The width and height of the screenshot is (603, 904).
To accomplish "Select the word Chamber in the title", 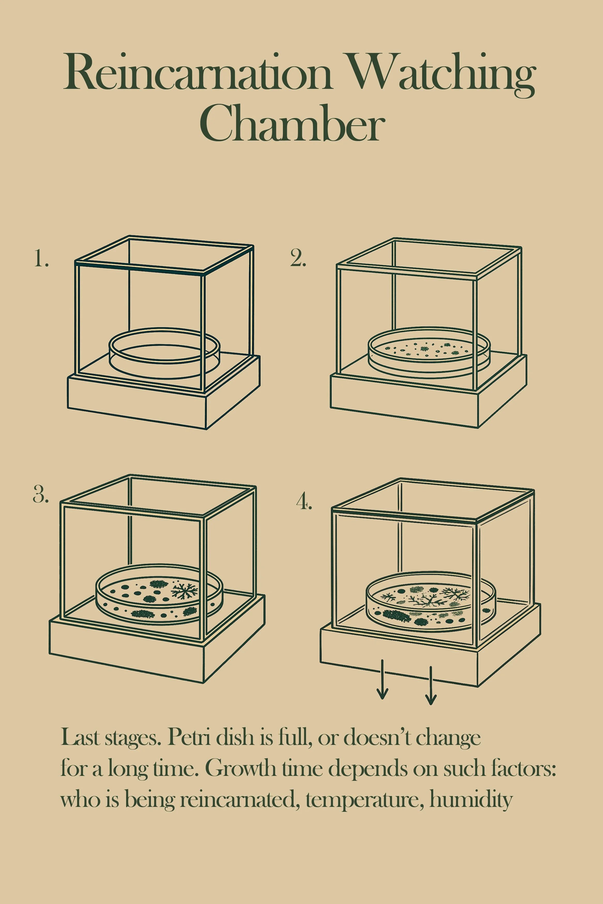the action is pos(292,123).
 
